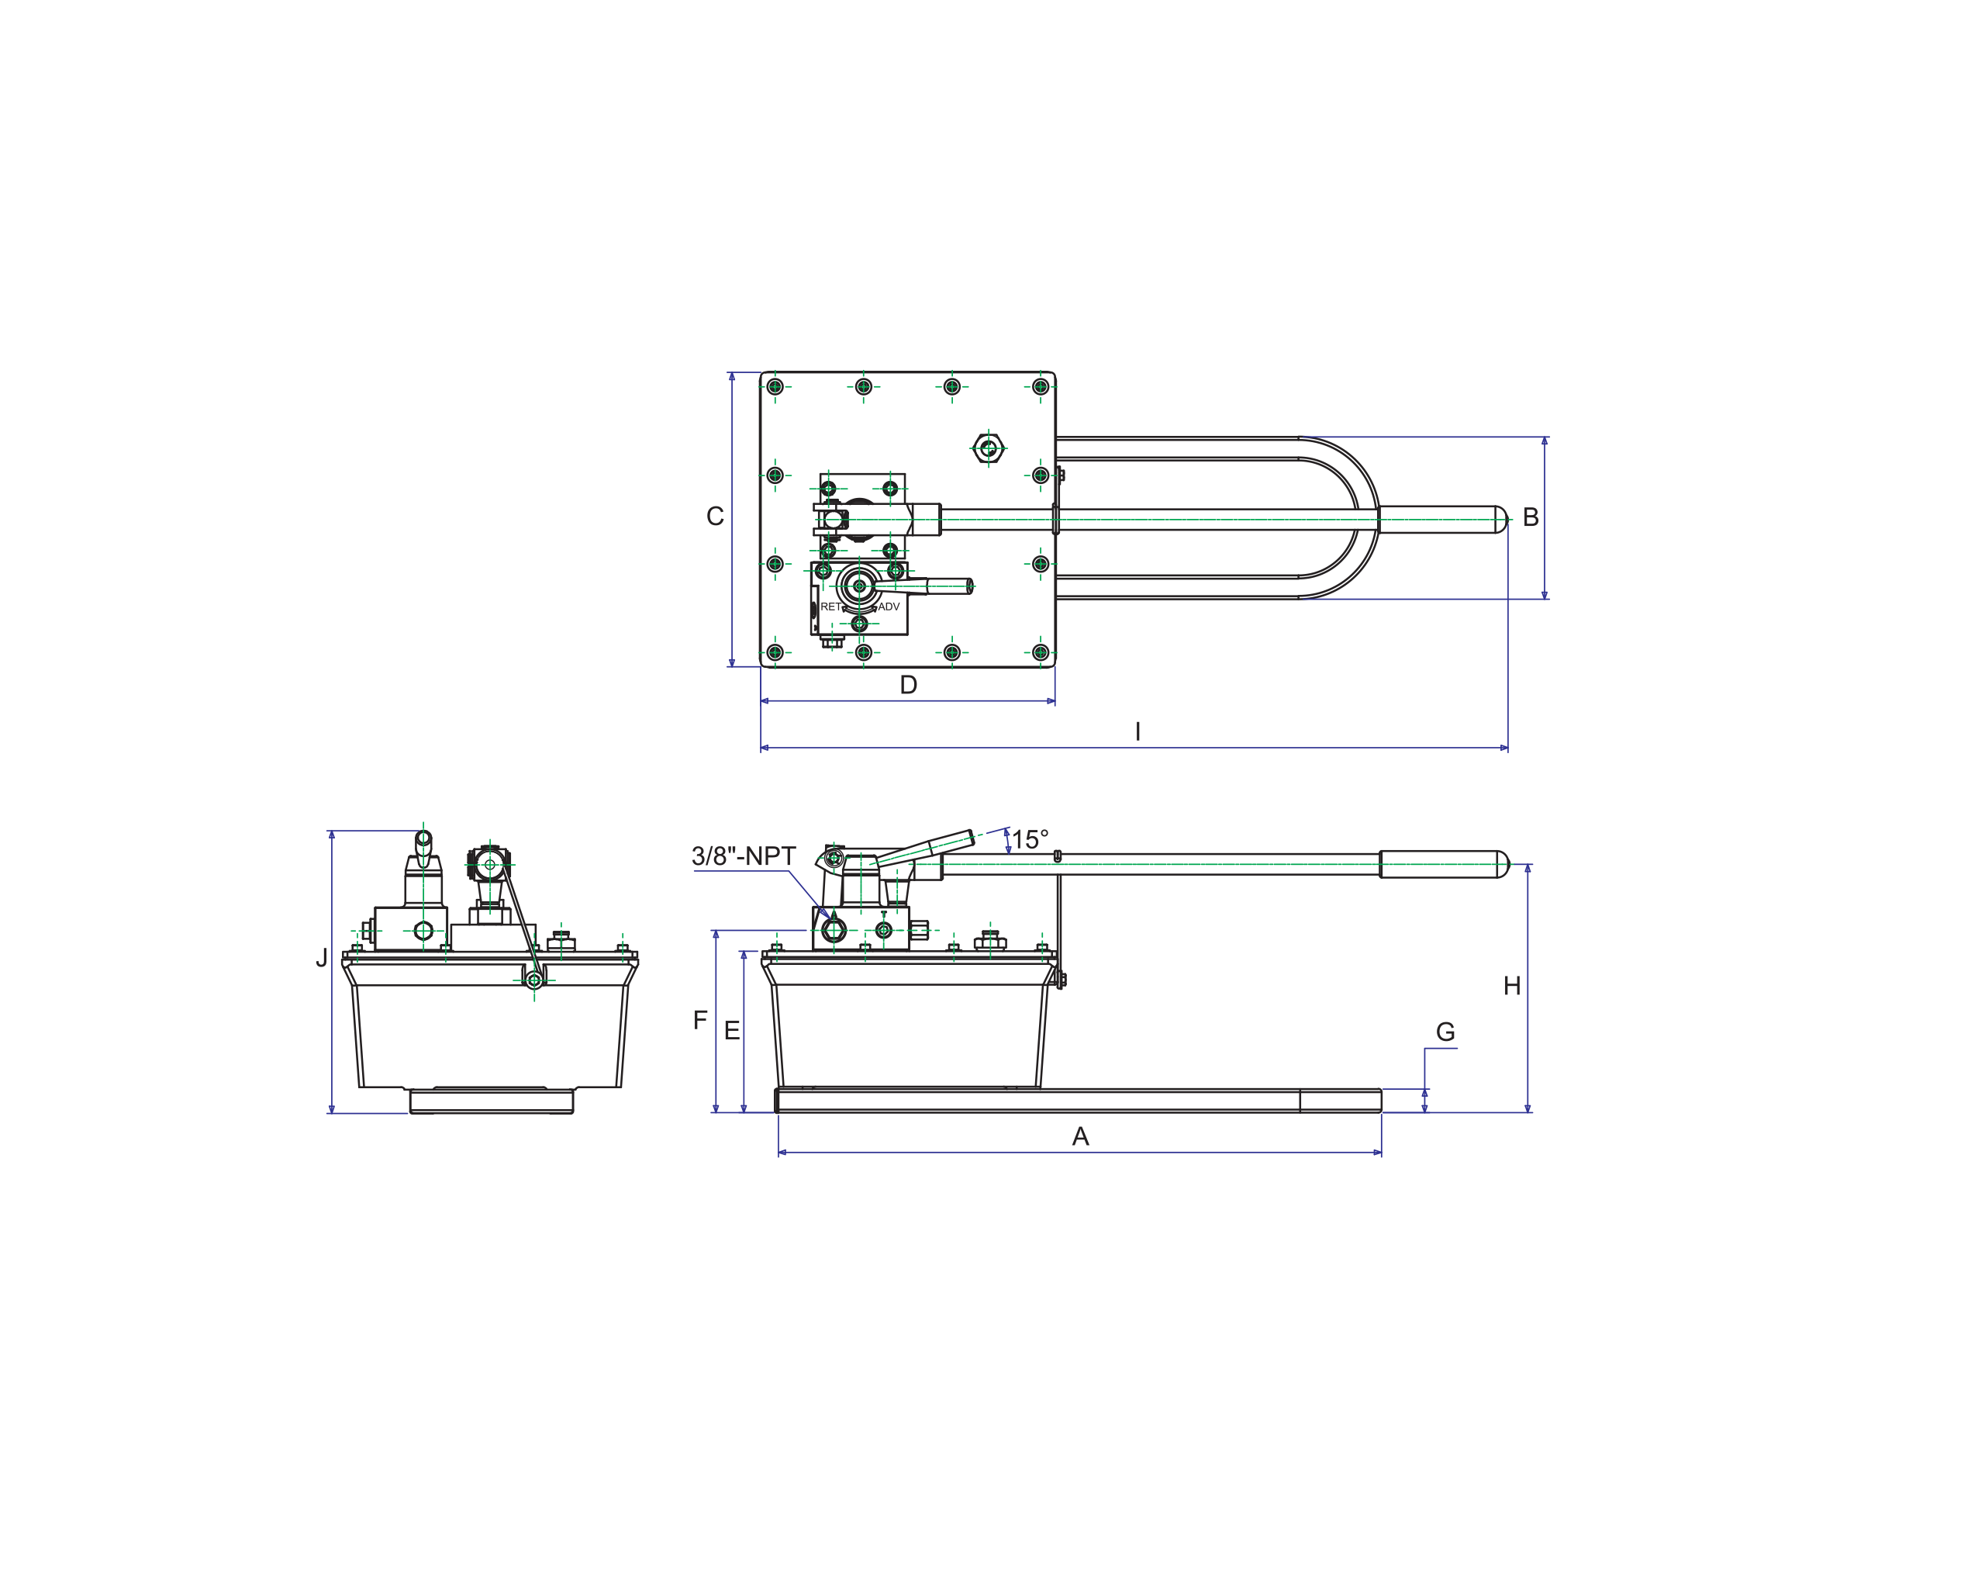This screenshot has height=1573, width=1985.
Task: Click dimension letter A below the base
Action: pyautogui.click(x=1080, y=1136)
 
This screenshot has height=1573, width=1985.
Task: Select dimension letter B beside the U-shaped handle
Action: pyautogui.click(x=1530, y=517)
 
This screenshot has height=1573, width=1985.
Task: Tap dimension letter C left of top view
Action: pyautogui.click(x=714, y=517)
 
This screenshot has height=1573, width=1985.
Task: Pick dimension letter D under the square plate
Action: pyautogui.click(x=908, y=685)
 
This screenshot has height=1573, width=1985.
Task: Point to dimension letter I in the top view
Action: pyautogui.click(x=1138, y=731)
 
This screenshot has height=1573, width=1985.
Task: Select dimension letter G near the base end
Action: pyautogui.click(x=1445, y=1032)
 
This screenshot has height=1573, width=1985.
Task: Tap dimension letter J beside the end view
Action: pyautogui.click(x=321, y=958)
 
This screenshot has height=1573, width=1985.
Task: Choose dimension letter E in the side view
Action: pyautogui.click(x=732, y=1032)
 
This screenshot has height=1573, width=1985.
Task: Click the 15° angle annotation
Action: pyautogui.click(x=1030, y=840)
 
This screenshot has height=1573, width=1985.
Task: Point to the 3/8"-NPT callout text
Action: pyautogui.click(x=743, y=856)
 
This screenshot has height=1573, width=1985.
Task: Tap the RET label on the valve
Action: pyautogui.click(x=830, y=607)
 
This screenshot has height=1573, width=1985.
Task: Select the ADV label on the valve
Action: pyautogui.click(x=889, y=607)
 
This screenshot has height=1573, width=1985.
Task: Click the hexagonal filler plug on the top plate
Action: pyautogui.click(x=989, y=449)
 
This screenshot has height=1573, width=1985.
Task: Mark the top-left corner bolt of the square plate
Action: pyautogui.click(x=775, y=387)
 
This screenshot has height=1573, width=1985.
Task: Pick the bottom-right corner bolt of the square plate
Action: pyautogui.click(x=1041, y=652)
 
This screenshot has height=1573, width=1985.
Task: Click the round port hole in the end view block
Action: pyautogui.click(x=423, y=931)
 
